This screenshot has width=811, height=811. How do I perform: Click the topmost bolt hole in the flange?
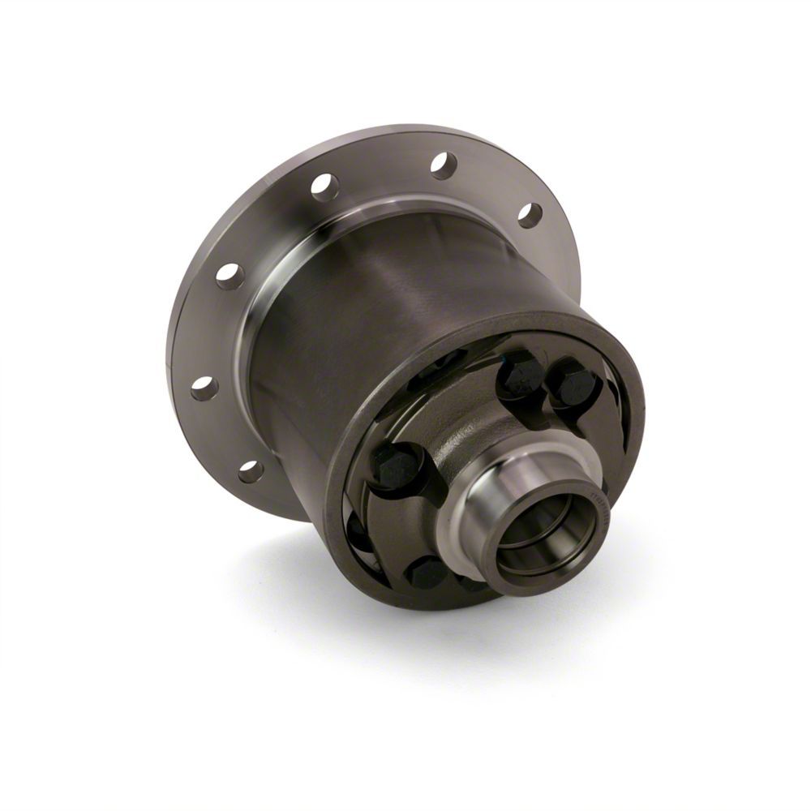444,165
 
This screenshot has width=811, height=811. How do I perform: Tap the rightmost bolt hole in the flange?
530,214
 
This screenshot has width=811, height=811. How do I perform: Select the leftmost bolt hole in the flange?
204,388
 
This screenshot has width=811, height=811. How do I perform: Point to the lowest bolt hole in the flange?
251,470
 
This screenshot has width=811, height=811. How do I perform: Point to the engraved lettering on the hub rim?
600,507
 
